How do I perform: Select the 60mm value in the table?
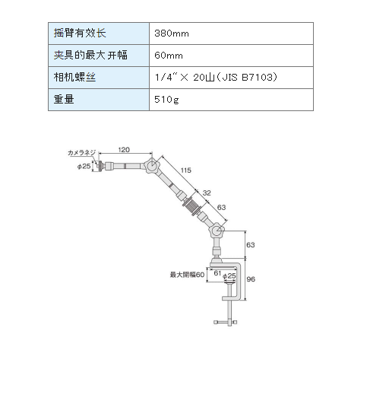[169, 56]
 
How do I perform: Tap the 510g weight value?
[166, 100]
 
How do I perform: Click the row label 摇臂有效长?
[80, 33]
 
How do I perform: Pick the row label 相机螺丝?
[74, 77]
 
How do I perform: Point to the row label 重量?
[64, 99]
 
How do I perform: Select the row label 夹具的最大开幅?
[90, 55]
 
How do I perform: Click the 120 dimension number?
[124, 150]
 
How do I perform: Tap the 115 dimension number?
[186, 170]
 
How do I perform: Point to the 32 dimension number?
[207, 193]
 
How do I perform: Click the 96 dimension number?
[251, 279]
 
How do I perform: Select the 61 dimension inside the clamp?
[217, 273]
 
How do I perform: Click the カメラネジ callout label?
[81, 153]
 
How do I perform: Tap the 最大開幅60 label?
[187, 275]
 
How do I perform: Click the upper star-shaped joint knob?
[152, 166]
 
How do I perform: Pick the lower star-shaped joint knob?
[217, 230]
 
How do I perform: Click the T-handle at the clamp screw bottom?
[226, 322]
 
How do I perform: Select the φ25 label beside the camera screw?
[84, 167]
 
